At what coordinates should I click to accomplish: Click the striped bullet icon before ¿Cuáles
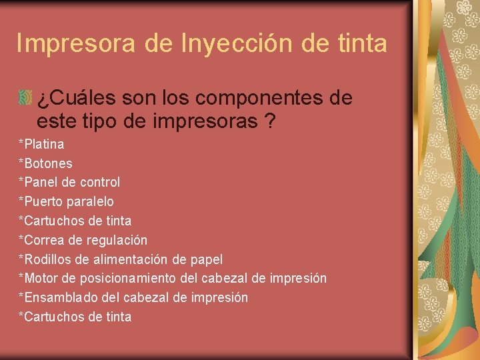(26, 99)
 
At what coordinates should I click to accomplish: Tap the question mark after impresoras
(271, 123)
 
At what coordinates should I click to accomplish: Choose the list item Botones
(46, 163)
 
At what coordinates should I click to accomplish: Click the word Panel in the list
(40, 182)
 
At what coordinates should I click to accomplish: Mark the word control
(100, 182)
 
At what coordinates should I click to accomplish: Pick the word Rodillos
(47, 259)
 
